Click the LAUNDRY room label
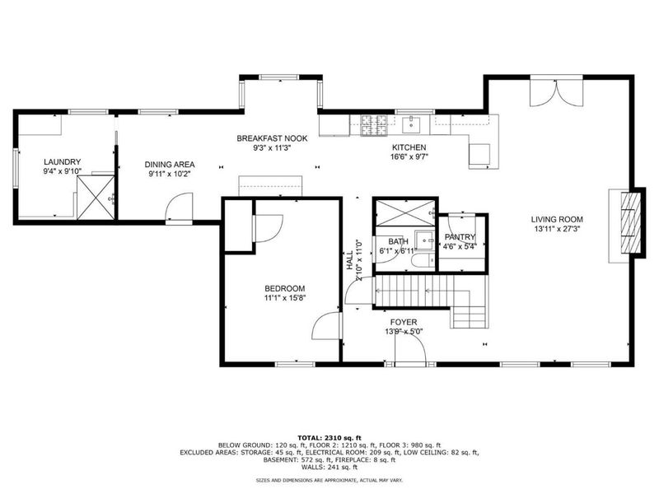pyautogui.click(x=61, y=162)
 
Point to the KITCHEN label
pyautogui.click(x=408, y=147)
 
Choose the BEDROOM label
pyautogui.click(x=284, y=287)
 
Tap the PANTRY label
pyautogui.click(x=460, y=236)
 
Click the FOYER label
pyautogui.click(x=404, y=322)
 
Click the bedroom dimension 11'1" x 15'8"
pyautogui.click(x=284, y=298)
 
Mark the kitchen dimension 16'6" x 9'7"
pyautogui.click(x=409, y=156)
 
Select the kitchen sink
pyautogui.click(x=412, y=125)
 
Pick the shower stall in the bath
pyautogui.click(x=402, y=212)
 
